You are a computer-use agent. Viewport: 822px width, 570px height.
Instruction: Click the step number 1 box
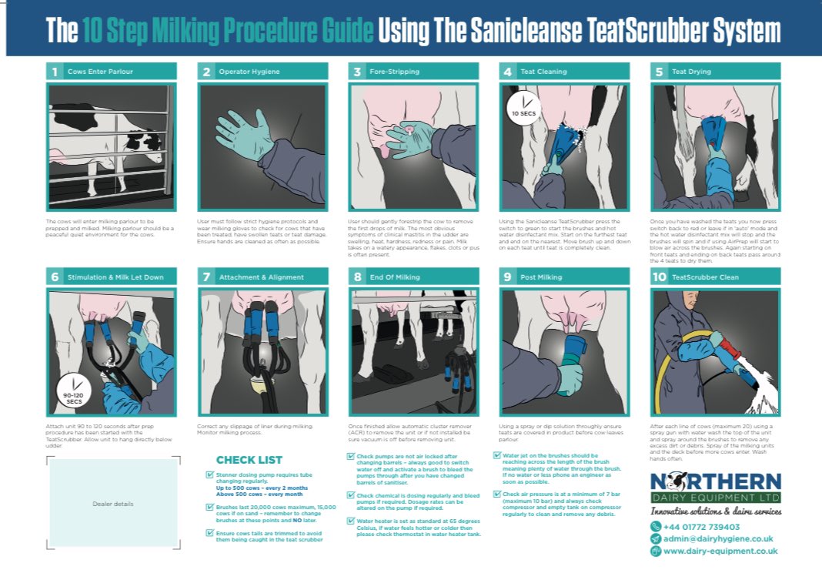click(x=55, y=72)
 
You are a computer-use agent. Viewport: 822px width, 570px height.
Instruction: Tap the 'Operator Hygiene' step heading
click(x=249, y=72)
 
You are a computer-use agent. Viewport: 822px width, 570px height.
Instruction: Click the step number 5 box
click(x=659, y=72)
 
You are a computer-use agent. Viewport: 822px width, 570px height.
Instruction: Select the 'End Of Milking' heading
click(x=395, y=277)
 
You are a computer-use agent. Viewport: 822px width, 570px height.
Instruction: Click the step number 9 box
click(x=507, y=277)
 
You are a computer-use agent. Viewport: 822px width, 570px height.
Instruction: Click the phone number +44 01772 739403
click(x=702, y=526)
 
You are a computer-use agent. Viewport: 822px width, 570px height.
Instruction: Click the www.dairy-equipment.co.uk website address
click(x=720, y=551)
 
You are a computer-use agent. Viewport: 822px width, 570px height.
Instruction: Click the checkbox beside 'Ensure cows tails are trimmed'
click(x=210, y=532)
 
